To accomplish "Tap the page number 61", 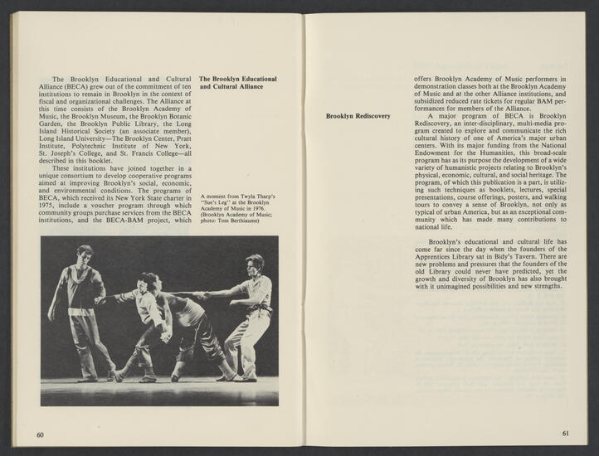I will (x=565, y=433).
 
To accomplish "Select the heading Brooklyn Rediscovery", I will (x=358, y=116).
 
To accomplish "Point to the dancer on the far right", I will (x=252, y=315).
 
